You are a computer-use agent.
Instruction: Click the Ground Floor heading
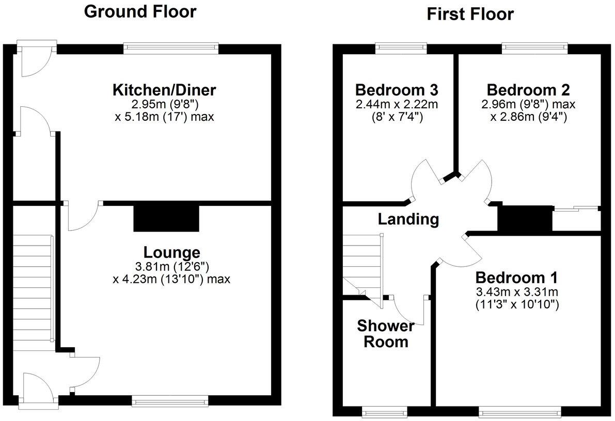point(140,11)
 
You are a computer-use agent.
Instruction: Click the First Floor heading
point(470,14)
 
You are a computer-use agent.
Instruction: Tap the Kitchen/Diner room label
point(164,90)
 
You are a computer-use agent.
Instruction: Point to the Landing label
point(408,219)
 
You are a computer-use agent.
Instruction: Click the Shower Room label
point(386,334)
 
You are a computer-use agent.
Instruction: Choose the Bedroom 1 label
point(517,278)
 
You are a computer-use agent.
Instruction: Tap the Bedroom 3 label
point(397,90)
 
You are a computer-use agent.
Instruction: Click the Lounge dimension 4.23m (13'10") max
point(171,279)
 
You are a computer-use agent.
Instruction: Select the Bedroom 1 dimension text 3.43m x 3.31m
point(517,292)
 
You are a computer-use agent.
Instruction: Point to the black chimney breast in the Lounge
point(166,217)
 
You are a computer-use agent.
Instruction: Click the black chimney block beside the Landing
point(524,218)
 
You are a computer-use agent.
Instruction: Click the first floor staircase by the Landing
point(361,263)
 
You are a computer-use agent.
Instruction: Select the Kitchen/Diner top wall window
point(171,48)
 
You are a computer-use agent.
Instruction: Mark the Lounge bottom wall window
point(170,400)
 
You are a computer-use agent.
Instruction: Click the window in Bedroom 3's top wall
point(401,48)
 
